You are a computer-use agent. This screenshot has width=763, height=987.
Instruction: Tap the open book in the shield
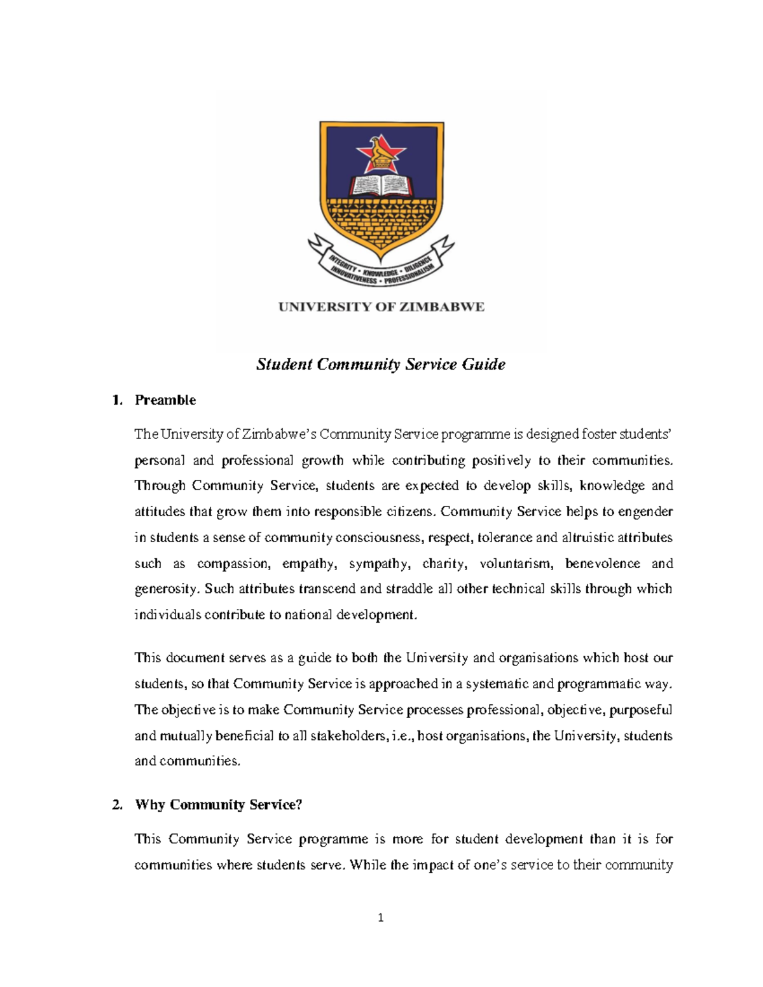(x=381, y=185)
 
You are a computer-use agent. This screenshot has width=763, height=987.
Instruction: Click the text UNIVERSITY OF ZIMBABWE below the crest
(x=381, y=307)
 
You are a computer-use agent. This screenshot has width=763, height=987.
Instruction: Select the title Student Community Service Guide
(x=381, y=364)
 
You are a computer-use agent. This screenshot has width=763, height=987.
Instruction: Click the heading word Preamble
(x=165, y=400)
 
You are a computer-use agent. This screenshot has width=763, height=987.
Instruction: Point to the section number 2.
(x=117, y=805)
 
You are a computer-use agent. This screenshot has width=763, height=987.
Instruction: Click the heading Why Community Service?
(x=218, y=805)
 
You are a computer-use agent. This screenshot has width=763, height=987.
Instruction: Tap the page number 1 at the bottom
(x=381, y=917)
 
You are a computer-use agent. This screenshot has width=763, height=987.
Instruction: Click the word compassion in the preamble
(x=233, y=564)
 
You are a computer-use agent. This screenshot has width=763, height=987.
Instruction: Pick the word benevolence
(x=602, y=564)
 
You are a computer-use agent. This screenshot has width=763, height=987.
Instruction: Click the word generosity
(x=167, y=589)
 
